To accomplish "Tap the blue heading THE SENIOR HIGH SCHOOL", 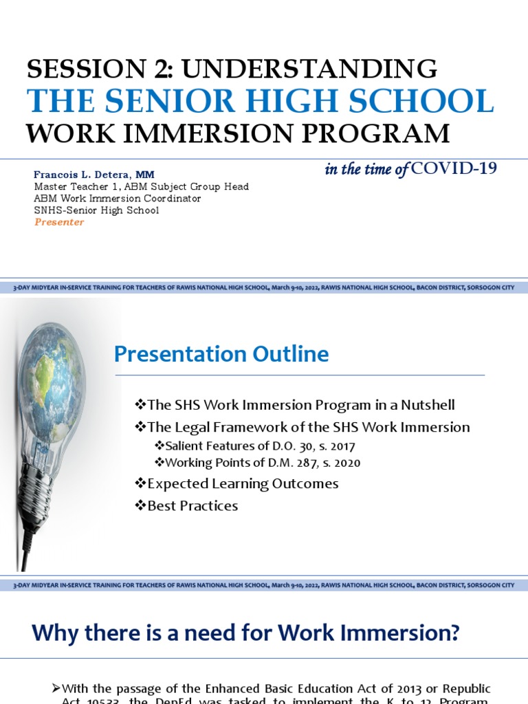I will click(261, 101).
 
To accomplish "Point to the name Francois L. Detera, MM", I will click(94, 175).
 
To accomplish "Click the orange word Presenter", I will click(59, 222).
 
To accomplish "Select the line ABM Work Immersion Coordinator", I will click(118, 199).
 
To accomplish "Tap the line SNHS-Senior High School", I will click(96, 210).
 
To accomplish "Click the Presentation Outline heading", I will click(221, 354).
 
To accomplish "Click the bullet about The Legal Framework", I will click(302, 427).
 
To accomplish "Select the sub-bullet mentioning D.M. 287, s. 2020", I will click(257, 463).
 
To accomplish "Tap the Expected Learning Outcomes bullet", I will click(236, 483).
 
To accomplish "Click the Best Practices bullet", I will click(186, 505).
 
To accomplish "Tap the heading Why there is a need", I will click(245, 632).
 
